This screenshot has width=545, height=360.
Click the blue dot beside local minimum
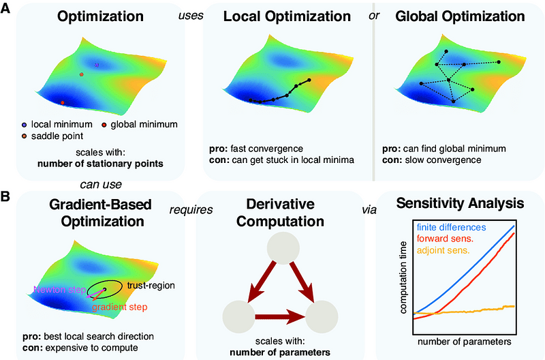coord(25,124)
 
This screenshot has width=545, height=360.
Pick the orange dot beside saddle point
coord(25,136)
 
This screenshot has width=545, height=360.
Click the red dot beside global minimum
coord(104,124)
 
